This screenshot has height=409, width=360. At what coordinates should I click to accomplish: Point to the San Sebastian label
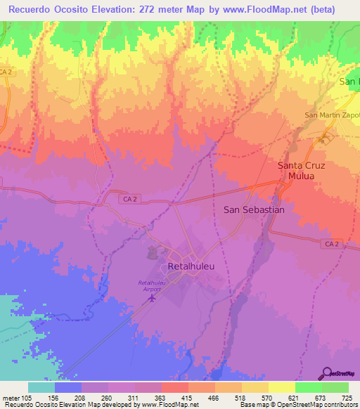pos(254,209)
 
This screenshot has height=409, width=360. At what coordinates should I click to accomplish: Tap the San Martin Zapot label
pos(331,115)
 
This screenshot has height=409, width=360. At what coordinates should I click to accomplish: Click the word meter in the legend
pos(12,397)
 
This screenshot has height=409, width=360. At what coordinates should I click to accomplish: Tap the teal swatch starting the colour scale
pos(41,387)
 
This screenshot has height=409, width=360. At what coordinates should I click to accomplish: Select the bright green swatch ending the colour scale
pos(335,387)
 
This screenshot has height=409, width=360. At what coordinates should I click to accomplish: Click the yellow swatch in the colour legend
pos(282,387)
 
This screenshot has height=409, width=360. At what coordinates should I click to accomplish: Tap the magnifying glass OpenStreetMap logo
pos(326,372)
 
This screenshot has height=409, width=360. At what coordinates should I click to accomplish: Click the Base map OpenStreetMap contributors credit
pos(298,405)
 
